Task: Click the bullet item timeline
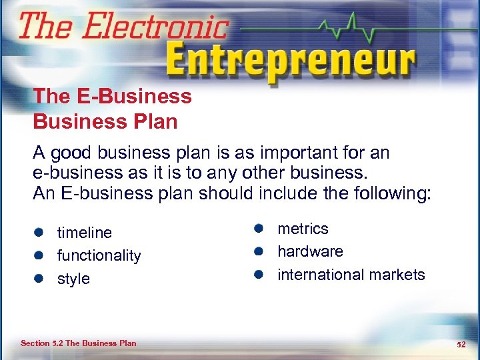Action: click(x=85, y=233)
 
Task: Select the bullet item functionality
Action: click(x=99, y=255)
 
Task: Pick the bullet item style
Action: click(x=73, y=279)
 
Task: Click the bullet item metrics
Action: click(x=303, y=229)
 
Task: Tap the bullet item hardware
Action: click(x=310, y=251)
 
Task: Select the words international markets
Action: click(x=351, y=275)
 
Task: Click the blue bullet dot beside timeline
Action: click(x=40, y=233)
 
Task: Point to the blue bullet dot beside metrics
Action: click(x=259, y=229)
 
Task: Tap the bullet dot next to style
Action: click(x=40, y=279)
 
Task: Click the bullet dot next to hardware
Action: click(x=259, y=251)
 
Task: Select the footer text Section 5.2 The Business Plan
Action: click(x=78, y=343)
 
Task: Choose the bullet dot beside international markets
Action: click(x=259, y=275)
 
